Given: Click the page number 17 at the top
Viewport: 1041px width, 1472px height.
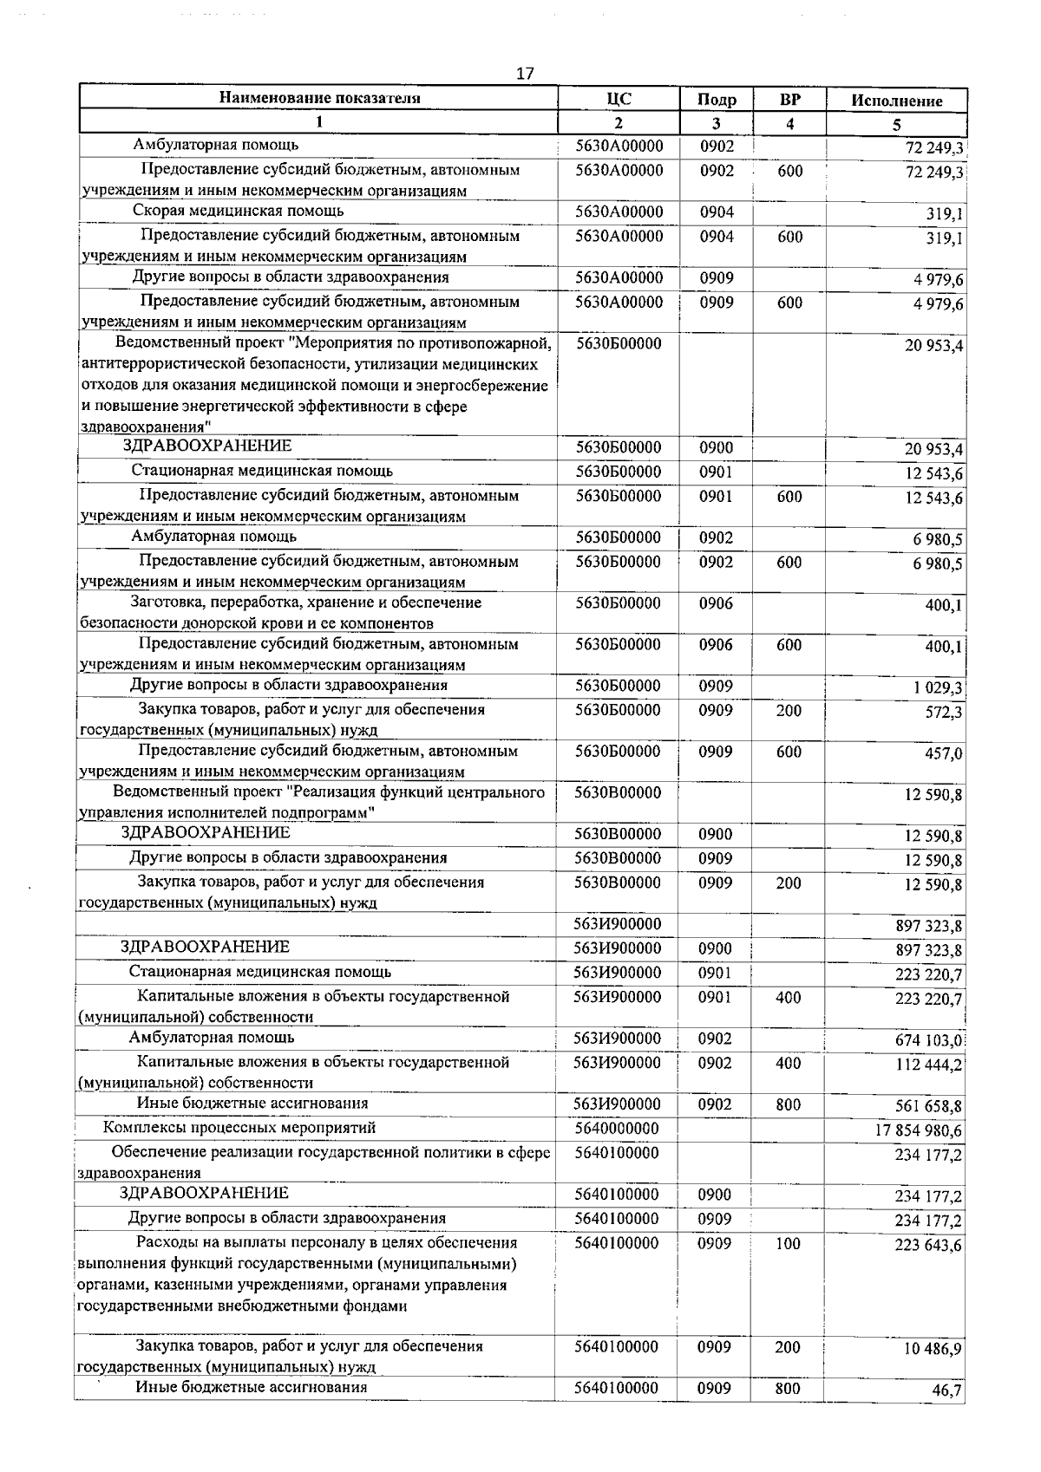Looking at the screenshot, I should (525, 74).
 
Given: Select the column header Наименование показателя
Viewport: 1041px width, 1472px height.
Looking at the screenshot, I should (319, 98).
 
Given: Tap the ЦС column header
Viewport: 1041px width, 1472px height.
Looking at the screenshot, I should (619, 98).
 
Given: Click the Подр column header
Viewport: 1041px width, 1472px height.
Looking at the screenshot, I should (717, 100).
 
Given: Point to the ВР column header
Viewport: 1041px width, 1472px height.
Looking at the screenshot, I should (789, 99).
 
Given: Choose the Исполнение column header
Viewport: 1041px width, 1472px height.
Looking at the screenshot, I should (896, 101).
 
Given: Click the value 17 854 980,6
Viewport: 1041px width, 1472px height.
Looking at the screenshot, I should (919, 1130).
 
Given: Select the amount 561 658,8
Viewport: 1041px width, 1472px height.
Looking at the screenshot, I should (928, 1106).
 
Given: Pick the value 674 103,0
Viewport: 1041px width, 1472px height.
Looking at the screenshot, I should (928, 1040).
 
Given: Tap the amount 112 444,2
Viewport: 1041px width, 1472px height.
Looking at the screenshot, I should (928, 1065).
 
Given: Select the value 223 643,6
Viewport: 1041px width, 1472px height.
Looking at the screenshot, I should (928, 1246).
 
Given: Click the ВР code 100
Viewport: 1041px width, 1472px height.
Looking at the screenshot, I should (788, 1244).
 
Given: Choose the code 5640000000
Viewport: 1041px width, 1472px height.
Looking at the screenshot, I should (617, 1129).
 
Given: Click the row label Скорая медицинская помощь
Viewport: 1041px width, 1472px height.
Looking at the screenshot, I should (239, 211).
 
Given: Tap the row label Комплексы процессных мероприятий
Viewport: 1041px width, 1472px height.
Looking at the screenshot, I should (239, 1128).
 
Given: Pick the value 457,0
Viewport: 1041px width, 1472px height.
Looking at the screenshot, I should (944, 754).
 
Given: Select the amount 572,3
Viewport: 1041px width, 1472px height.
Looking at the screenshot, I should (944, 713).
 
